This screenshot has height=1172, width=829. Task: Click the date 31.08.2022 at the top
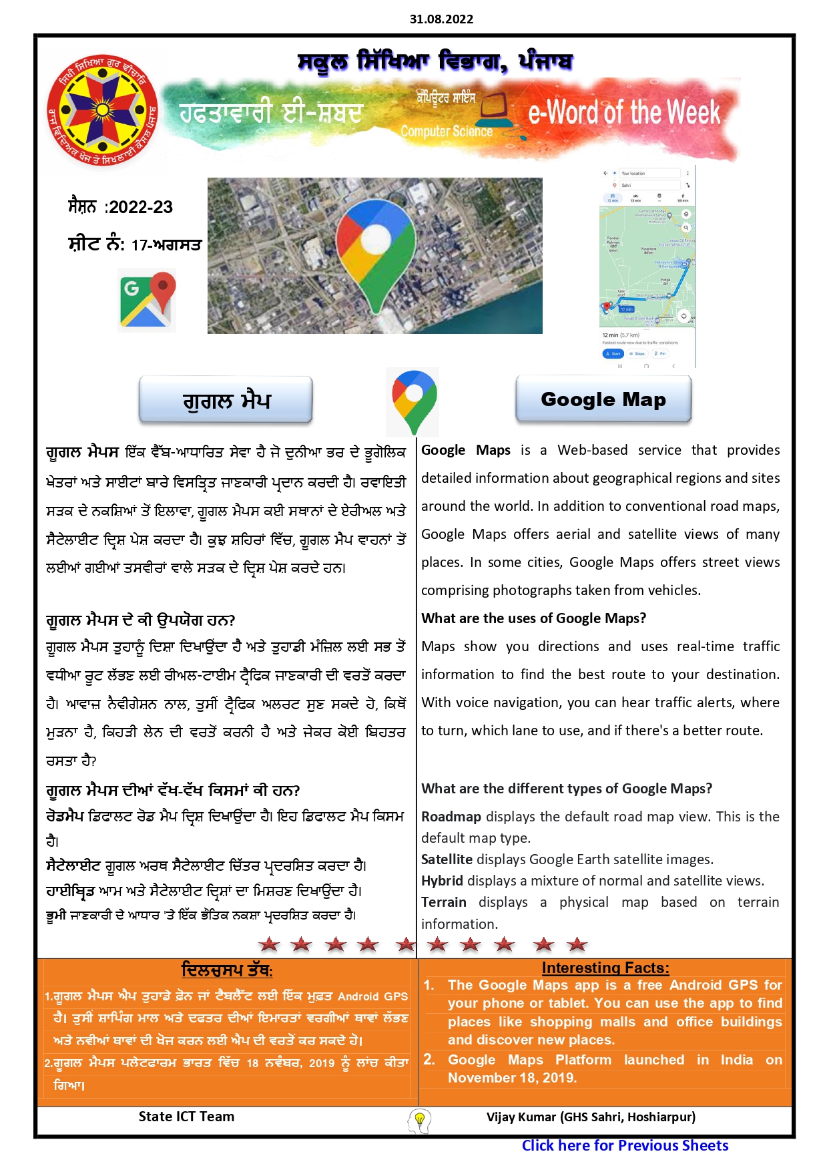pyautogui.click(x=441, y=19)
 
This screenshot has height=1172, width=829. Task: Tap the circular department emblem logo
pyautogui.click(x=102, y=111)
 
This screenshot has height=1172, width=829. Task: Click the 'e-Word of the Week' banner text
pyautogui.click(x=624, y=113)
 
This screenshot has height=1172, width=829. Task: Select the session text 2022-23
pyautogui.click(x=140, y=207)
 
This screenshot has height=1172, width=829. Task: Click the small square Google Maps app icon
pyautogui.click(x=147, y=300)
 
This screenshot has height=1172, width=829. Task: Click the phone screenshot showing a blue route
pyautogui.click(x=647, y=267)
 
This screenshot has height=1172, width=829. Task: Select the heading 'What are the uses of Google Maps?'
pyautogui.click(x=533, y=618)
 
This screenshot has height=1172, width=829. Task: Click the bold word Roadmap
pyautogui.click(x=451, y=817)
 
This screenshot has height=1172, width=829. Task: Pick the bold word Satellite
pyautogui.click(x=447, y=859)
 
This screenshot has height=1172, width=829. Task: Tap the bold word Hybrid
pyautogui.click(x=442, y=881)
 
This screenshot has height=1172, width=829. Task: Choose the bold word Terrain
pyautogui.click(x=444, y=902)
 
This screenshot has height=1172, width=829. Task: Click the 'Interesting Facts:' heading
pyautogui.click(x=605, y=968)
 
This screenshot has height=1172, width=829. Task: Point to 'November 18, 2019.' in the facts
pyautogui.click(x=512, y=1078)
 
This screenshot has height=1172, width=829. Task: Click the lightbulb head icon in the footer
pyautogui.click(x=419, y=1120)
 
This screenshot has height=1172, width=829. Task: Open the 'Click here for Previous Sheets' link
pyautogui.click(x=625, y=1146)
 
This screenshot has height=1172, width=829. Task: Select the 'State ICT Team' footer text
pyautogui.click(x=186, y=1117)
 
